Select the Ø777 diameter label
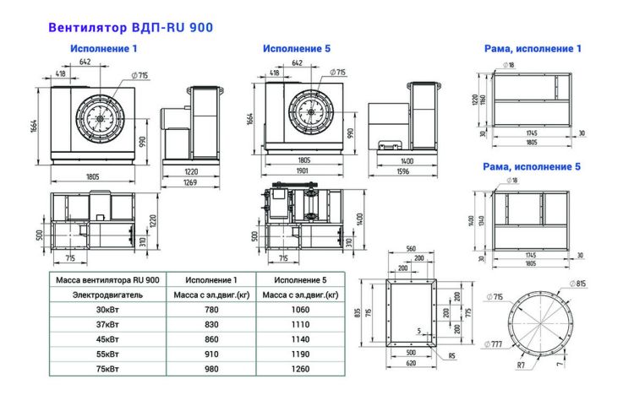tap(496, 344)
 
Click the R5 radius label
tap(451, 355)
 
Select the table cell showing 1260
tap(299, 369)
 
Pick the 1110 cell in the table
tap(299, 324)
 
